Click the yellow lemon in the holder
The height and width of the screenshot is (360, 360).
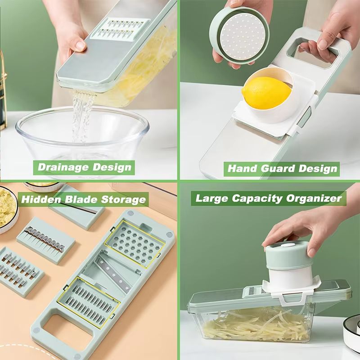coord(266,93)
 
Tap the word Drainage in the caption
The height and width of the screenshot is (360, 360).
coord(63,167)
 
